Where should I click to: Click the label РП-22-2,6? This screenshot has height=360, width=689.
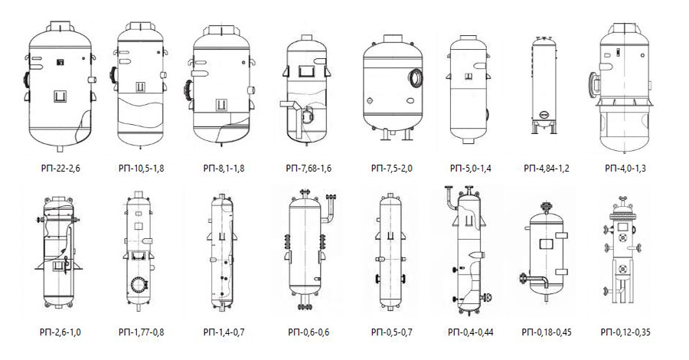coord(60,169)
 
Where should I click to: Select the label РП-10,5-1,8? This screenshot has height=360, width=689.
coord(142,169)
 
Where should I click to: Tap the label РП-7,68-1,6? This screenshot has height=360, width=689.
coord(309,169)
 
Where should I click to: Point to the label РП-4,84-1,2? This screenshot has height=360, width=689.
coord(546,169)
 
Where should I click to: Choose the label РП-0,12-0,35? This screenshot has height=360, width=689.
coord(625,332)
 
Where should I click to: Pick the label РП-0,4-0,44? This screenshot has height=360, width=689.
coord(470,332)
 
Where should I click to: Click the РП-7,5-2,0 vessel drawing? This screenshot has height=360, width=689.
coord(393,87)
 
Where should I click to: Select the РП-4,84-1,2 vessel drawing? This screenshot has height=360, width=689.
coord(544,85)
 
